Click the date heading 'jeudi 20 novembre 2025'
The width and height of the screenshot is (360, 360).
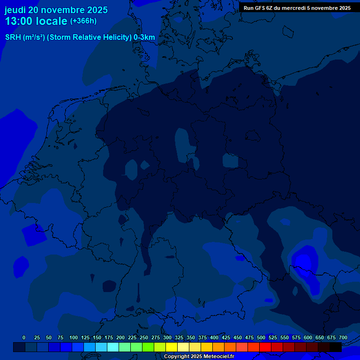pyautogui.click(x=56, y=10)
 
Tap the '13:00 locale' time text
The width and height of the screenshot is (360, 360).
pyautogui.click(x=36, y=22)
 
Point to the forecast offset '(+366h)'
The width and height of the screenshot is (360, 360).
pyautogui.click(x=83, y=21)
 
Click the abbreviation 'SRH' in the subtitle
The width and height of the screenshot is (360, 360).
pyautogui.click(x=13, y=37)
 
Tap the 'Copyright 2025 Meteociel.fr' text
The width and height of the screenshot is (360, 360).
pyautogui.click(x=199, y=357)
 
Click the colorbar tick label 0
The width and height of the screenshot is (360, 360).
pyautogui.click(x=24, y=337)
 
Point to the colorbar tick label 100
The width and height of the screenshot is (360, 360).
pyautogui.click(x=74, y=337)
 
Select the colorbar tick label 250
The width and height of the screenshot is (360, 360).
pyautogui.click(x=144, y=337)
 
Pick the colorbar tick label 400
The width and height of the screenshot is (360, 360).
pyautogui.click(x=214, y=337)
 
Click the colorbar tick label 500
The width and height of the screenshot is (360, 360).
pyautogui.click(x=261, y=337)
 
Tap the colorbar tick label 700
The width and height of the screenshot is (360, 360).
pyautogui.click(x=343, y=337)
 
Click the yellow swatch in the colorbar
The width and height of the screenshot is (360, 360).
pyautogui.click(x=172, y=347)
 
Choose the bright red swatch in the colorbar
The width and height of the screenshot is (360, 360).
pyautogui.click(x=265, y=347)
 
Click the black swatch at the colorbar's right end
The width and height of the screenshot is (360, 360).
pyautogui.click(x=336, y=347)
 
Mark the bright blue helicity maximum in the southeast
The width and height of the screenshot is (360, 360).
pyautogui.click(x=304, y=260)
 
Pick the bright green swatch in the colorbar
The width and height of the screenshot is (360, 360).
pyautogui.click(x=148, y=347)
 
